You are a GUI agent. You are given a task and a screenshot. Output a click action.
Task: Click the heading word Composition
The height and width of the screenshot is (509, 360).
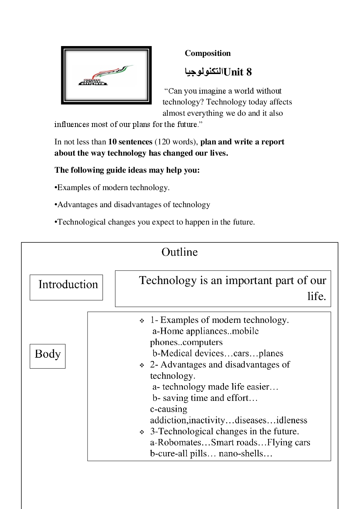tap(208, 53)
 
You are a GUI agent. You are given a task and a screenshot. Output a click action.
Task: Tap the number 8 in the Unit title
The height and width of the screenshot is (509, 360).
tap(249, 72)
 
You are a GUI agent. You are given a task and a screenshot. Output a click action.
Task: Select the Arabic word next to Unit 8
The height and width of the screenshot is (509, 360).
tap(204, 71)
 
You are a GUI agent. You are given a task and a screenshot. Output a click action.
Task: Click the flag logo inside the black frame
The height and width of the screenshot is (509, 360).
tap(106, 75)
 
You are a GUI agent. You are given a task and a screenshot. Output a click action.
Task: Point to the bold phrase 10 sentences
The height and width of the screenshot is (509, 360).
tap(130, 142)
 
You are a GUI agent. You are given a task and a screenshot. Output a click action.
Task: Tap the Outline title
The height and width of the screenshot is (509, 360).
tap(180, 252)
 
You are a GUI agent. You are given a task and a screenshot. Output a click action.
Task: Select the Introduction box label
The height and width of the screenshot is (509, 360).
tap(68, 284)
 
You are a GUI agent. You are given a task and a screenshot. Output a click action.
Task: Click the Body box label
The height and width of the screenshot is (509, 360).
tap(48, 354)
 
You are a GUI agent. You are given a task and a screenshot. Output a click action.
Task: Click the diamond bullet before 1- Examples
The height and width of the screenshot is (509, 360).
tap(142, 321)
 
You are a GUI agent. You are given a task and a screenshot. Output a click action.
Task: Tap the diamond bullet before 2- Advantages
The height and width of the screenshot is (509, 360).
tap(142, 365)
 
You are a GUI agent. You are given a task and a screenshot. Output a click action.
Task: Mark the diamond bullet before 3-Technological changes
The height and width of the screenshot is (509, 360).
tap(142, 432)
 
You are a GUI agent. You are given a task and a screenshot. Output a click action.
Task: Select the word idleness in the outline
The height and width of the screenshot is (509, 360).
tap(291, 420)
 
